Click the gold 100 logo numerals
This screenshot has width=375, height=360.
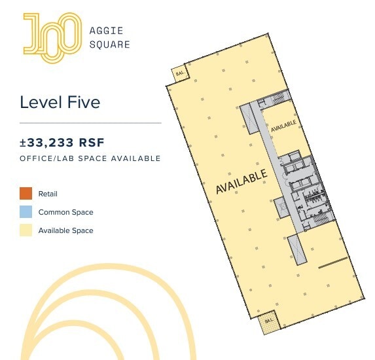52,36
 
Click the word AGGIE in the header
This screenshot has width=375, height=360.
105,30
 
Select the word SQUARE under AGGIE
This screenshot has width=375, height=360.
109,45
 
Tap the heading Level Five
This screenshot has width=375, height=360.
60,102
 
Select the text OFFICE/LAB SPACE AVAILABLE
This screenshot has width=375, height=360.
90,158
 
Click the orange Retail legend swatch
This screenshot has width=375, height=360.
26,194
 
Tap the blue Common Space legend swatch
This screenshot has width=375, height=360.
26,212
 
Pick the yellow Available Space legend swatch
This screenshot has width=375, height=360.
26,230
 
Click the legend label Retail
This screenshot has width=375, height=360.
48,194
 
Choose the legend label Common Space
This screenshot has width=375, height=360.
65,212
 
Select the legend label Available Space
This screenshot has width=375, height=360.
65,230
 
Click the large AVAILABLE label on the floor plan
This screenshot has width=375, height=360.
241,182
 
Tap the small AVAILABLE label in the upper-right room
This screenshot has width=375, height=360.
284,123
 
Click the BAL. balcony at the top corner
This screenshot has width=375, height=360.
180,73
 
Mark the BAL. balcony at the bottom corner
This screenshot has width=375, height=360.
270,322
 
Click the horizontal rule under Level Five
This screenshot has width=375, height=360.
90,123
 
